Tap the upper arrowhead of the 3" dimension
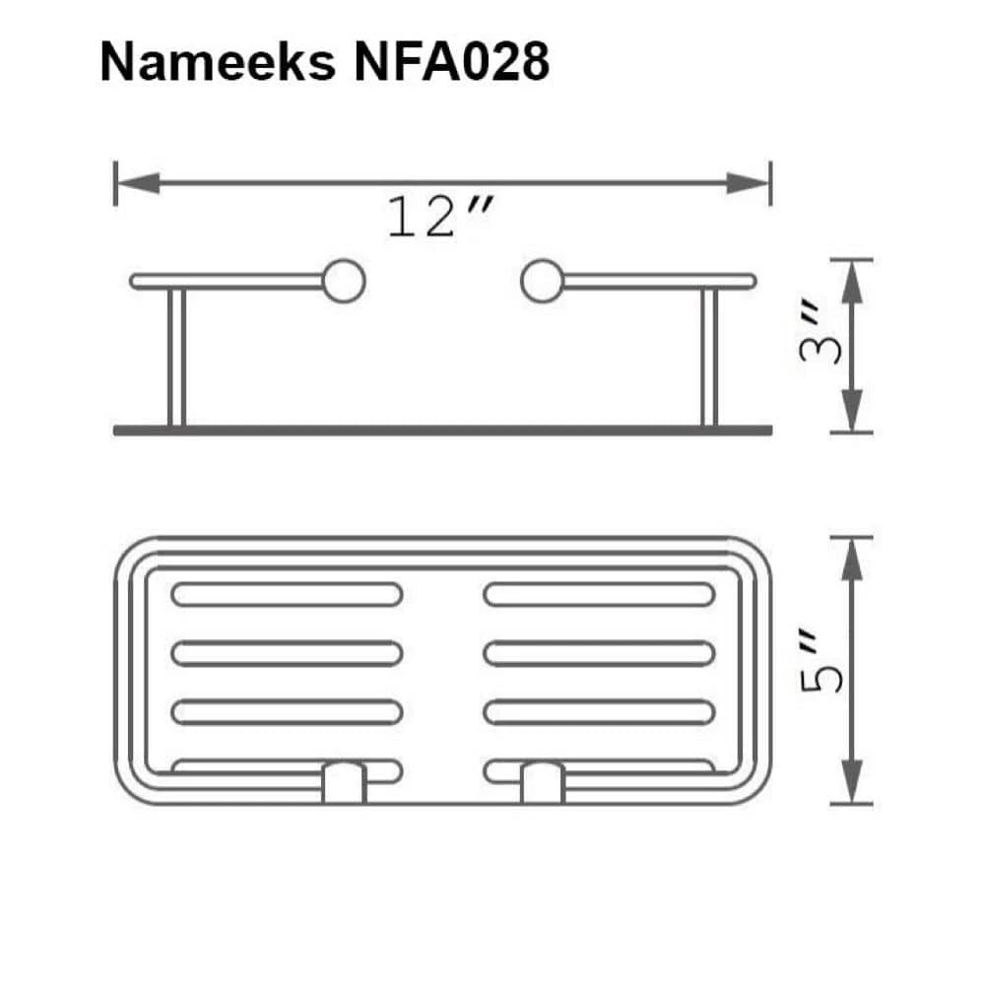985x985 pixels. [x=853, y=281]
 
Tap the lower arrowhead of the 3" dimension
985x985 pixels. [x=853, y=413]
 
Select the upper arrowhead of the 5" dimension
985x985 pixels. [x=853, y=559]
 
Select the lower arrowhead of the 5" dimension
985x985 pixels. [x=853, y=782]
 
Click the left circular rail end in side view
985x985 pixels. [x=344, y=281]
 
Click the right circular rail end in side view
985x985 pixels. [x=542, y=281]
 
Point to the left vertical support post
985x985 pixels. [x=176, y=359]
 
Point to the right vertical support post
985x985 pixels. [x=709, y=359]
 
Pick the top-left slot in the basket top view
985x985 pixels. [x=287, y=594]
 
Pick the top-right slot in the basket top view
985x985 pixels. [x=599, y=594]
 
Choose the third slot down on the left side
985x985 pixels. [x=287, y=711]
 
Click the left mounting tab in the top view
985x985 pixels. [x=344, y=782]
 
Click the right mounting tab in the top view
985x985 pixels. [x=542, y=782]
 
